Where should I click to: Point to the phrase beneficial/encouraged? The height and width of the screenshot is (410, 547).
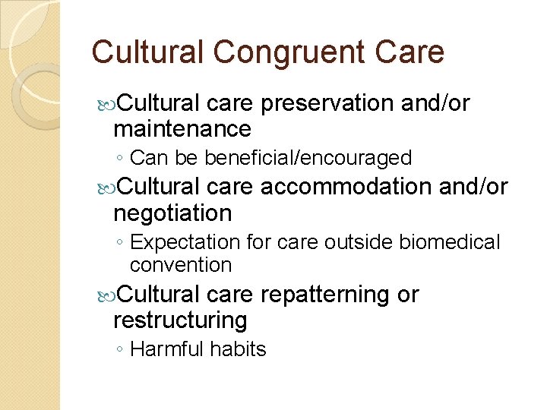(x=308, y=158)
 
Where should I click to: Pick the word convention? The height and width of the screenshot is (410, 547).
(x=181, y=265)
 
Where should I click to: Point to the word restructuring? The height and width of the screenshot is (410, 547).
(x=180, y=320)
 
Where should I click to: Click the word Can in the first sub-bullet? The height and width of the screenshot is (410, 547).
(x=144, y=158)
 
